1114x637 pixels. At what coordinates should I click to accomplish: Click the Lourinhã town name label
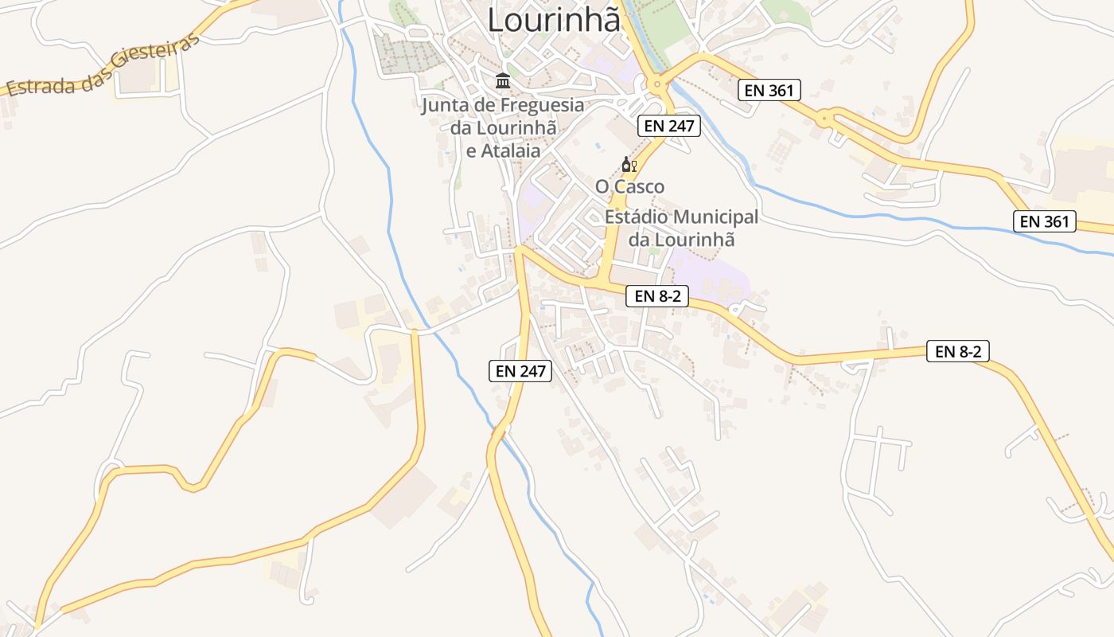point(553,19)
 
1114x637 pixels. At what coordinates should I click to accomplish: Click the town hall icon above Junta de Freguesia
point(503,81)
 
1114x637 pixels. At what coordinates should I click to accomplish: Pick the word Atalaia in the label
point(512,150)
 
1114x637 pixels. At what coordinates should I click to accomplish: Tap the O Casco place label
point(629,186)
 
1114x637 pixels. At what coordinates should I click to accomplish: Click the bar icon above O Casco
point(629,165)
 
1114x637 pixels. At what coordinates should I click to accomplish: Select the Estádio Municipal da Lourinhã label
point(681,228)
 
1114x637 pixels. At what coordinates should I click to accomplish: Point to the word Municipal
point(715,217)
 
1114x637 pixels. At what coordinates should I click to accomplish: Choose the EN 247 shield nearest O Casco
point(668,125)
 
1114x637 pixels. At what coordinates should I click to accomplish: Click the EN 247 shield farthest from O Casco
point(520,370)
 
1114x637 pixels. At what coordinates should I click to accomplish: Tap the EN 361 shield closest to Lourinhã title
point(769,90)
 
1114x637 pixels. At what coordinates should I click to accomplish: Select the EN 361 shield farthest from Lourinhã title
point(1044,221)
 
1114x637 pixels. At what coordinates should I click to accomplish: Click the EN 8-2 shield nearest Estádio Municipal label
point(656,296)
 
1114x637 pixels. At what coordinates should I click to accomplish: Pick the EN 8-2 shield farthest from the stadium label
point(957,351)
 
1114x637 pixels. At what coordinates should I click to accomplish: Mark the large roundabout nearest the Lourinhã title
point(657,83)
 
